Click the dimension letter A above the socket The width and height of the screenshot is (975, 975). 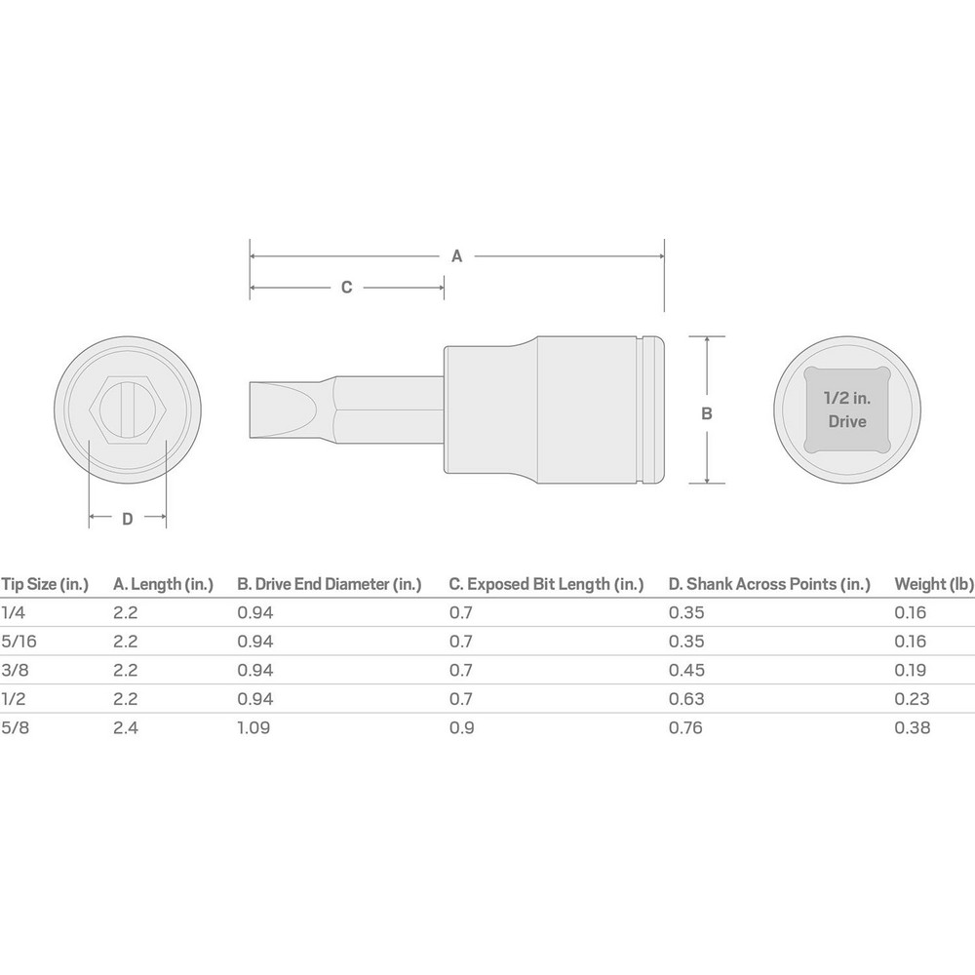[456, 256]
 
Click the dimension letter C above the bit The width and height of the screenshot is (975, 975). [346, 288]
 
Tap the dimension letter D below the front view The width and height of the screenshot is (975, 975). [127, 519]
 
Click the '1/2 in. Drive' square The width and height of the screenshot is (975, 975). [846, 409]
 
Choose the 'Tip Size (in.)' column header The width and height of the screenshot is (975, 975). [44, 584]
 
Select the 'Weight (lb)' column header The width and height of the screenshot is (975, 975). [934, 584]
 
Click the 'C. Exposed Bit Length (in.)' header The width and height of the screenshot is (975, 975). [546, 584]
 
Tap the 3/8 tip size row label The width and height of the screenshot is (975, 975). [14, 670]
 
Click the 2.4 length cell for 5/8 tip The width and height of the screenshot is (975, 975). [126, 727]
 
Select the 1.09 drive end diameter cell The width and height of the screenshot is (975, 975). [255, 727]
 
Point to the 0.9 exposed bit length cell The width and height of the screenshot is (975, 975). [461, 727]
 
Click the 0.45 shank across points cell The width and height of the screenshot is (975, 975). [686, 670]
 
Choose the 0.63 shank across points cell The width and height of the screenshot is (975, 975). [686, 698]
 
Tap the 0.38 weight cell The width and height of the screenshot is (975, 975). [912, 727]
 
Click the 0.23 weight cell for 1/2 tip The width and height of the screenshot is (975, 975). [912, 698]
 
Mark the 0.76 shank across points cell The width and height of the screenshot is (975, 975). [686, 727]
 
